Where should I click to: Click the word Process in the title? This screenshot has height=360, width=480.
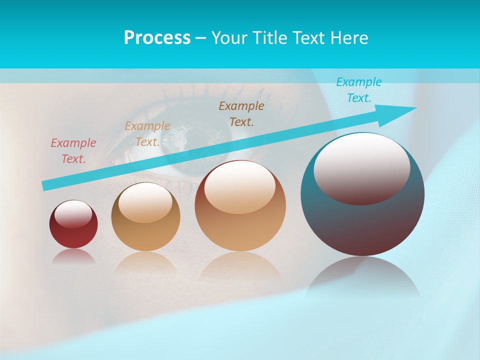click(157, 38)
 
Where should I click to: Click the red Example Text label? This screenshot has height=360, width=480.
click(73, 151)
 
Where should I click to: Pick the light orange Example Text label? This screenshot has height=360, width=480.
click(147, 134)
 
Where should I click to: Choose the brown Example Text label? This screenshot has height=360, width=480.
click(241, 113)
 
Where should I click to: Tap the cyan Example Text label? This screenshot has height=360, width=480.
click(359, 90)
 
